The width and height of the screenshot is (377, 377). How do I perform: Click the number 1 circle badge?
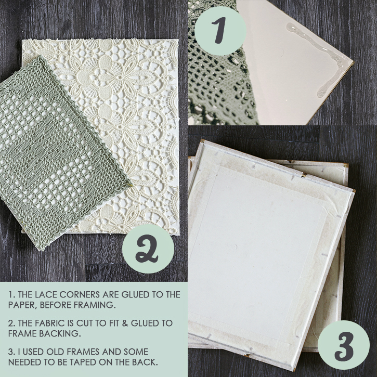(x=220, y=31)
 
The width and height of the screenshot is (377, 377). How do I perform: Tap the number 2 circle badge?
(x=148, y=249)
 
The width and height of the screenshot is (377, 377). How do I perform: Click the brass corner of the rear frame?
(x=346, y=166)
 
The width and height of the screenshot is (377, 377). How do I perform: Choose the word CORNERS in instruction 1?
(x=80, y=294)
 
